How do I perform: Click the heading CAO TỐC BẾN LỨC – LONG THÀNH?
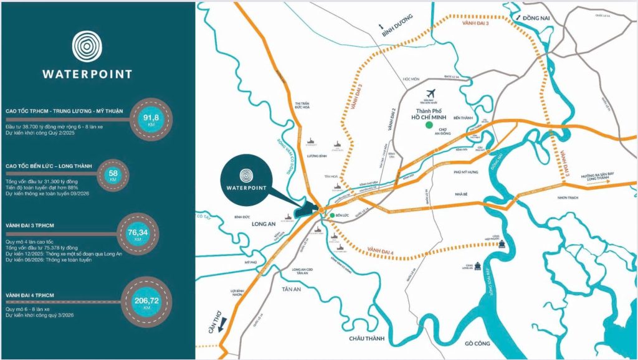click(x=48, y=166)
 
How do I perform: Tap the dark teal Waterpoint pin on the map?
click(x=246, y=175)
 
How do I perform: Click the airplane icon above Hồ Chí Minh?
click(x=441, y=93)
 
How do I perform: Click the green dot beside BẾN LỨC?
click(x=331, y=216)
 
